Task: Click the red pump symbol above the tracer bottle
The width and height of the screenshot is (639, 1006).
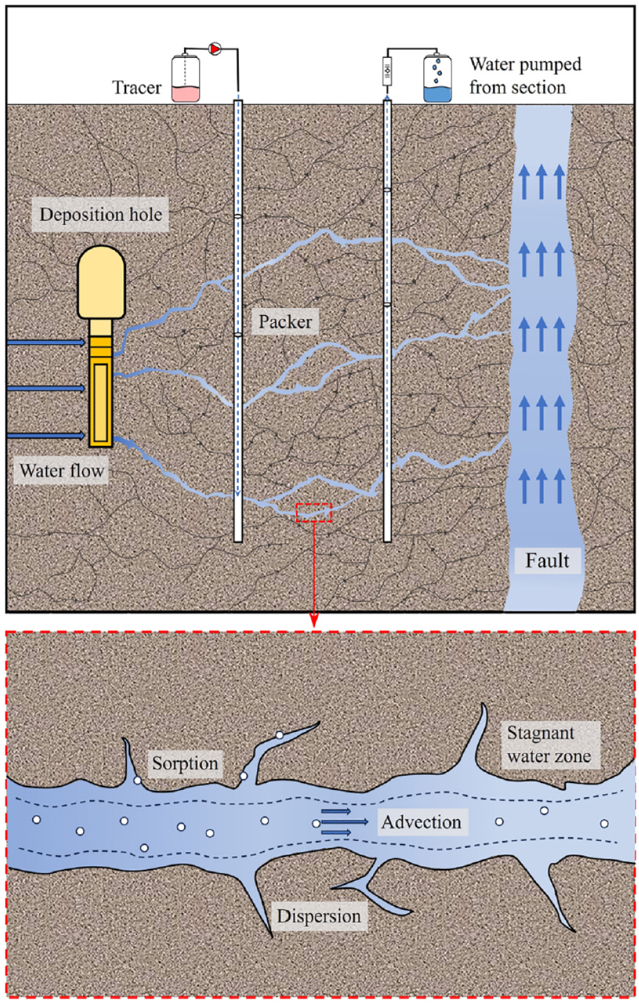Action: click(x=215, y=48)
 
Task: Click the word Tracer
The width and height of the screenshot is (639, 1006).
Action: click(x=136, y=87)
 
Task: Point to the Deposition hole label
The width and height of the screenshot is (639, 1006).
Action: click(x=101, y=214)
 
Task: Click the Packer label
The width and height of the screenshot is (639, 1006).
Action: click(x=285, y=322)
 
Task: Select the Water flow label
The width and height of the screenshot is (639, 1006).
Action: click(x=61, y=471)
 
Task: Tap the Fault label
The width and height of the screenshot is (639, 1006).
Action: click(x=548, y=560)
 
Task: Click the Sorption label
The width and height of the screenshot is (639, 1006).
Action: click(x=185, y=763)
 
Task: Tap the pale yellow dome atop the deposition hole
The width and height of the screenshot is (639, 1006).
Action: click(x=101, y=282)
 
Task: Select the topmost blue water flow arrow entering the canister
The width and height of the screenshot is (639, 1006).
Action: click(x=46, y=343)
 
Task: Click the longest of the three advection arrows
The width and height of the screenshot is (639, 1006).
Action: click(x=344, y=822)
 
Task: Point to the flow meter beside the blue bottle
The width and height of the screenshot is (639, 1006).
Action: click(x=387, y=71)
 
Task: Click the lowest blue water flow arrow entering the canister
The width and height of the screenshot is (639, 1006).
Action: click(x=46, y=436)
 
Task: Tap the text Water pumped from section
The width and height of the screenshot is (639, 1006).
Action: click(x=525, y=76)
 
